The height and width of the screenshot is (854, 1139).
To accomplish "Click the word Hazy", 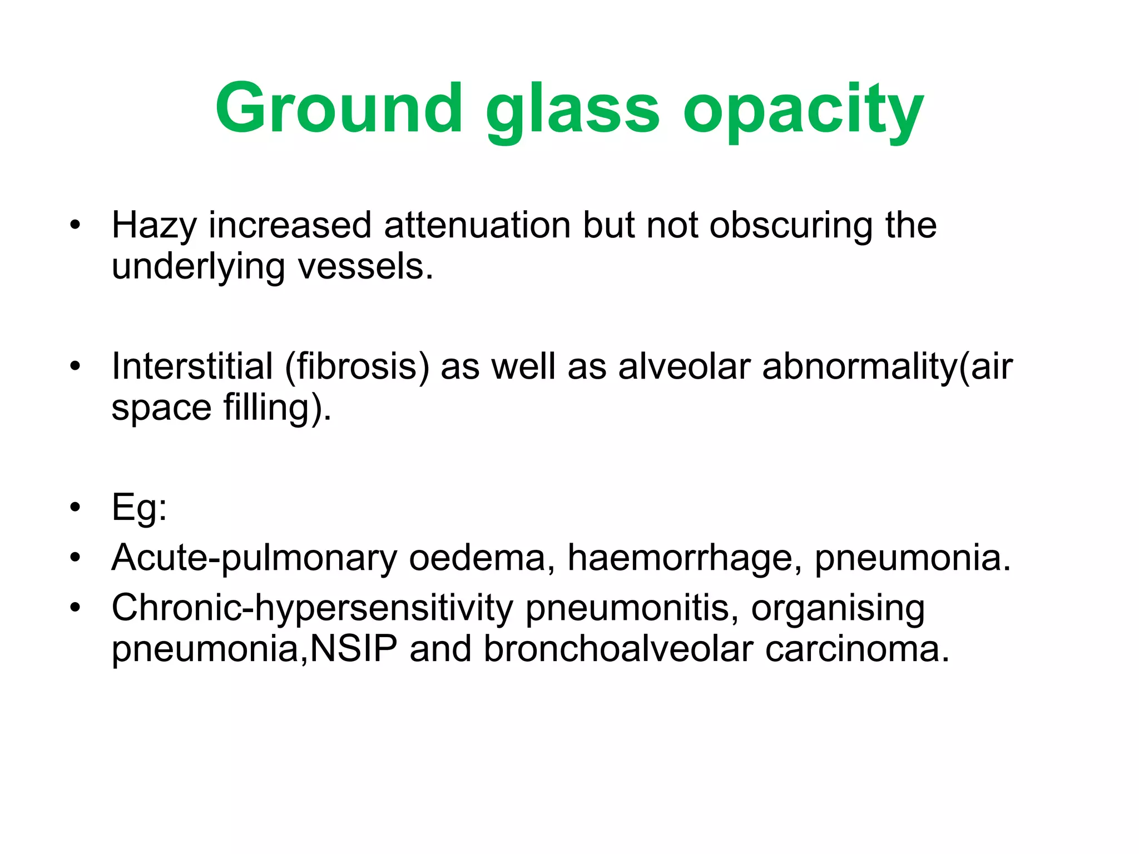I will click(154, 226).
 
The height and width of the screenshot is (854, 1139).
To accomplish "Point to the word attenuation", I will click(477, 225).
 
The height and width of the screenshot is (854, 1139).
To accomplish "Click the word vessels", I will click(365, 267).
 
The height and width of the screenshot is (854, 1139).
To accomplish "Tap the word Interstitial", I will click(192, 366).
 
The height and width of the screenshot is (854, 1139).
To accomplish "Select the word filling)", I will click(277, 409).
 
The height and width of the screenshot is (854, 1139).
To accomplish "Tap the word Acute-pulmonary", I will click(254, 558).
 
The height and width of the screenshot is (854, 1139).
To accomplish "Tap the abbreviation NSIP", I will click(354, 648).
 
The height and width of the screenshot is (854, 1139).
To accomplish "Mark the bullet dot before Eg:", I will click(76, 507).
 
